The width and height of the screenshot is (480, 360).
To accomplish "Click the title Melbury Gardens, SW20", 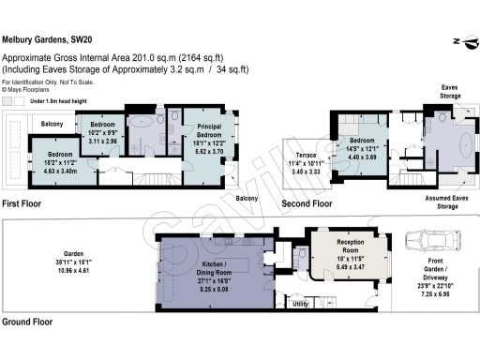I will pos(49,39).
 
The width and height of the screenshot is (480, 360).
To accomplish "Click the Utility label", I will pos(301,304).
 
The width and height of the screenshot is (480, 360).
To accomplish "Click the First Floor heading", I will pos(23,202).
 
